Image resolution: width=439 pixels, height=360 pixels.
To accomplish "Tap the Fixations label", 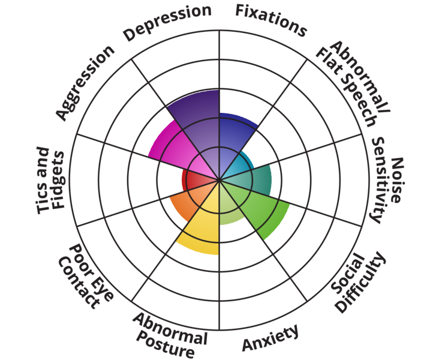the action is coord(271,20).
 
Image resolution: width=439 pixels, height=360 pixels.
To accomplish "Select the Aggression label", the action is coord(85,82).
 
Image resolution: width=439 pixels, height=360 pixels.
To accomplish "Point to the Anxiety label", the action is coord(270,338).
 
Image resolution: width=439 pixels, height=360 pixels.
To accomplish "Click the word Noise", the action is coord(397,180).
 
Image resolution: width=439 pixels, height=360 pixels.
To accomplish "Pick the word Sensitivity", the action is coord(381,180).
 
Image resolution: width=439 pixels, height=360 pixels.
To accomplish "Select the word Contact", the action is coord(79,283).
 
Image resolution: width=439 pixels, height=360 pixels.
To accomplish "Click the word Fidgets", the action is coord(58,180).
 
